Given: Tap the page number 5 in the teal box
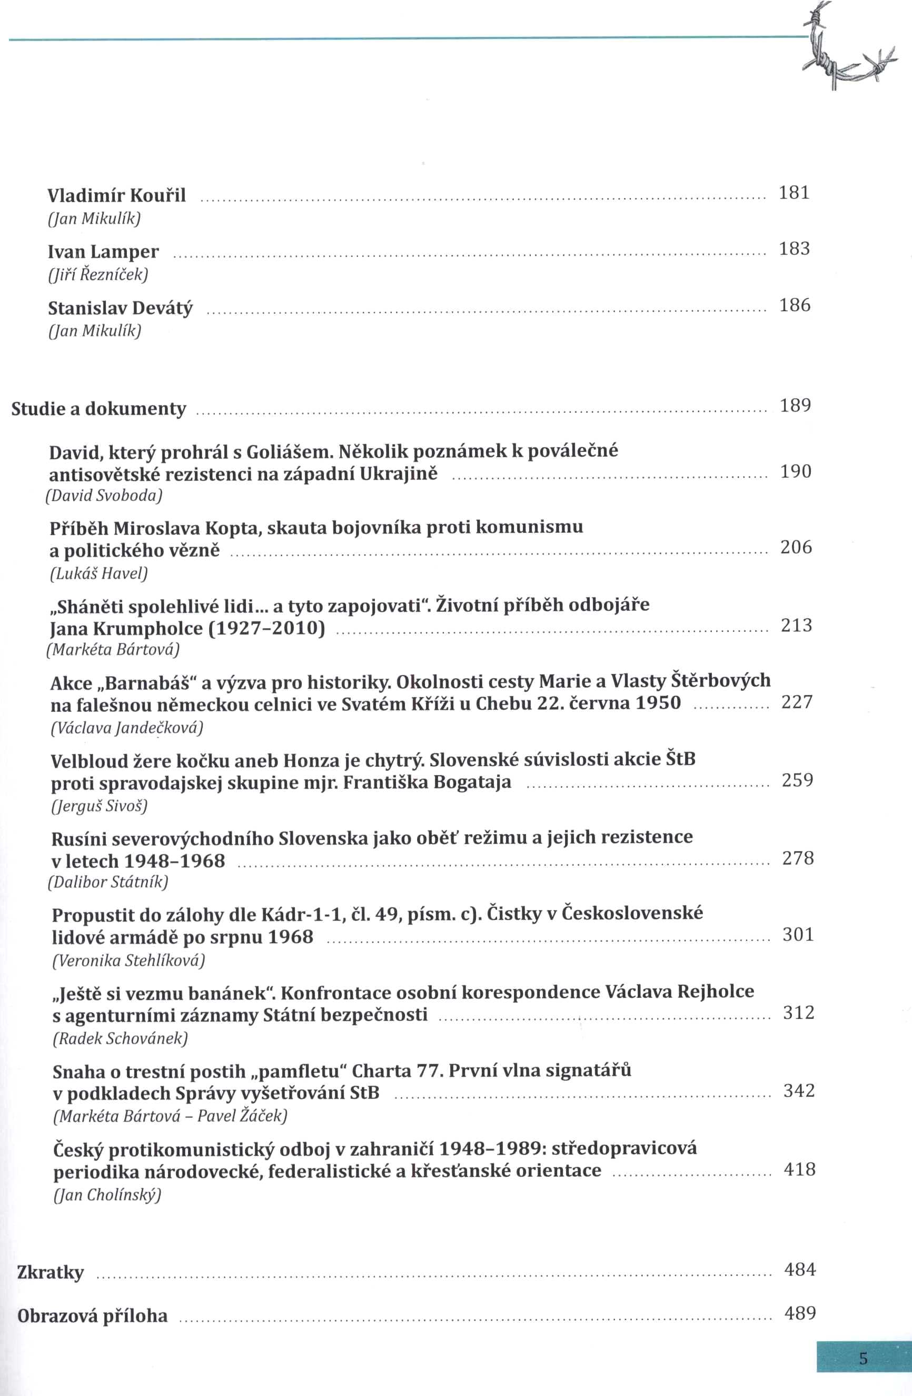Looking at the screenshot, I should pyautogui.click(x=863, y=1358).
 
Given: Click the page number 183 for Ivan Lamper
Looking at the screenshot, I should pyautogui.click(x=794, y=249).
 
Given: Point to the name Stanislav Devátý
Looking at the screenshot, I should pyautogui.click(x=120, y=308).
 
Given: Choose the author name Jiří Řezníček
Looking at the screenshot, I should pyautogui.click(x=98, y=274).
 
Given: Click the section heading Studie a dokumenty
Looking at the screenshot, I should pyautogui.click(x=98, y=408).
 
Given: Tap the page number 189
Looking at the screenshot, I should pyautogui.click(x=795, y=405).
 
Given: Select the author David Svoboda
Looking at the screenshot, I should pyautogui.click(x=104, y=496).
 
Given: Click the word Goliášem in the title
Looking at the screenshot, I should pyautogui.click(x=283, y=452).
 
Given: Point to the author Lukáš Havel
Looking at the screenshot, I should pyautogui.click(x=98, y=573).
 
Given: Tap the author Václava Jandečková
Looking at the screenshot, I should pyautogui.click(x=127, y=728).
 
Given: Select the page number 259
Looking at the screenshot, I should pyautogui.click(x=798, y=779).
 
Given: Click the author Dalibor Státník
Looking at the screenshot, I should pyautogui.click(x=108, y=882).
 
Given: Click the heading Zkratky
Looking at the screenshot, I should pyautogui.click(x=51, y=1272).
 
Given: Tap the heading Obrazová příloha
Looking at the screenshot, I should pyautogui.click(x=93, y=1315).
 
